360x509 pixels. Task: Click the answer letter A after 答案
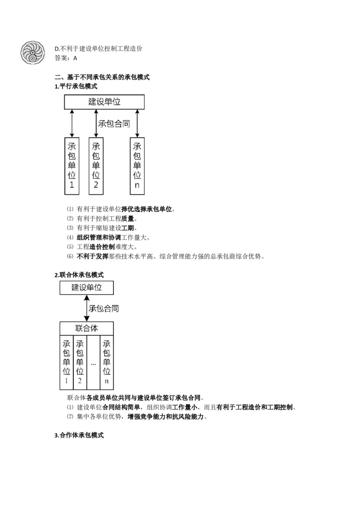tap(75, 58)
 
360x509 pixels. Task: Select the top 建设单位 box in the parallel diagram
tap(104, 102)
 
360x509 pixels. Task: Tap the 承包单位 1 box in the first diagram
tap(72, 165)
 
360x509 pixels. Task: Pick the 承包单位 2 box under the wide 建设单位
tap(96, 165)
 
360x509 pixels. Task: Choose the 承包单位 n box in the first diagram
tap(137, 165)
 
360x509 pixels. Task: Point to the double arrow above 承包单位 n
tap(137, 123)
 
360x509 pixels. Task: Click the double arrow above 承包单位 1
tap(72, 123)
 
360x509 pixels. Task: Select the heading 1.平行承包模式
tap(76, 86)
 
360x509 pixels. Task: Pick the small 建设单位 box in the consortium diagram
tap(86, 288)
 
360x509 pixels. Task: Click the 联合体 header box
tap(86, 328)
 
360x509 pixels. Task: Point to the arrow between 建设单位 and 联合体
tap(86, 308)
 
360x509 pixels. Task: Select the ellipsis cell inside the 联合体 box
tap(93, 362)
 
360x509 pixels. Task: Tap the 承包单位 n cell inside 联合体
tap(107, 362)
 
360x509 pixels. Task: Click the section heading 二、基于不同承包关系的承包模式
tap(102, 77)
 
